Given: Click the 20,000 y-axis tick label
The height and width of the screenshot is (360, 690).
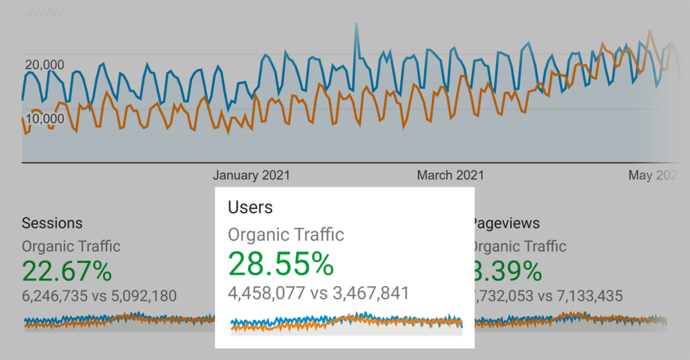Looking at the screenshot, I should pyautogui.click(x=44, y=65).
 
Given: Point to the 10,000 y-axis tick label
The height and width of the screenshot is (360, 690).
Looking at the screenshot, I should pyautogui.click(x=44, y=119).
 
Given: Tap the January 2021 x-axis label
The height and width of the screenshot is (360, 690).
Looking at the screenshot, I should pyautogui.click(x=251, y=175).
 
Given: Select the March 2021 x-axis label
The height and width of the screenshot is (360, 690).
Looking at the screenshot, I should pyautogui.click(x=450, y=175).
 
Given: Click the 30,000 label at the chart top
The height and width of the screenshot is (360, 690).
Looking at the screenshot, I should pyautogui.click(x=44, y=11).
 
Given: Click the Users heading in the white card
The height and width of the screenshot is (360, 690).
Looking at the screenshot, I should pyautogui.click(x=250, y=207).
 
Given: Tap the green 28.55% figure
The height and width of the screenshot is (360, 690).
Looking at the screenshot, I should pyautogui.click(x=281, y=264).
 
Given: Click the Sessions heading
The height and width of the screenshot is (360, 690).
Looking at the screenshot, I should pyautogui.click(x=53, y=223).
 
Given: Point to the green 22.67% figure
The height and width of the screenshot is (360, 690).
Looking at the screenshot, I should pyautogui.click(x=67, y=271).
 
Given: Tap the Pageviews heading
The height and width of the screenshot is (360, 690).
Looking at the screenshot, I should pyautogui.click(x=507, y=223).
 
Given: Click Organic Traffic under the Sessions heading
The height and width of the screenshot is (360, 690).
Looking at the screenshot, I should pyautogui.click(x=71, y=246).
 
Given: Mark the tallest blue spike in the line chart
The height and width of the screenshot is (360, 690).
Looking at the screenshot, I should pyautogui.click(x=355, y=26).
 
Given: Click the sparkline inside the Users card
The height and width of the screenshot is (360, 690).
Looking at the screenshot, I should pyautogui.click(x=346, y=323).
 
